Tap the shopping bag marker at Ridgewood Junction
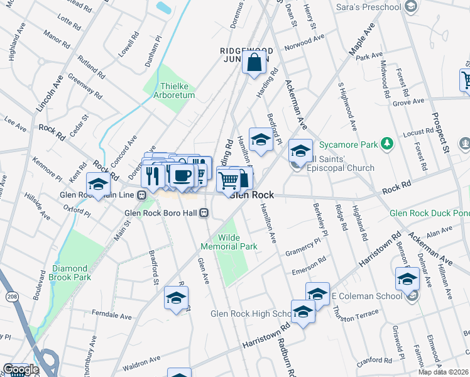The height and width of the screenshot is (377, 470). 254,63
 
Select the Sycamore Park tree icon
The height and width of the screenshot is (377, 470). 388,144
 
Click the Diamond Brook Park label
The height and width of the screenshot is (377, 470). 71,273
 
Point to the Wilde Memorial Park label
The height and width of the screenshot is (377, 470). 229,242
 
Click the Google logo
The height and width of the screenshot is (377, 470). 21,370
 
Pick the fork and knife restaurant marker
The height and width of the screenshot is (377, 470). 153,177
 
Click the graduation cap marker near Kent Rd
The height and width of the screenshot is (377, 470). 98,185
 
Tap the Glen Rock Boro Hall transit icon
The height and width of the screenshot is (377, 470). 204,214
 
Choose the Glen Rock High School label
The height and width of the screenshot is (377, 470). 249,314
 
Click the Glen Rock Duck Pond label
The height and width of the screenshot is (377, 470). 429,213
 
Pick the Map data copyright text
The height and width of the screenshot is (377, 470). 444,371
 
